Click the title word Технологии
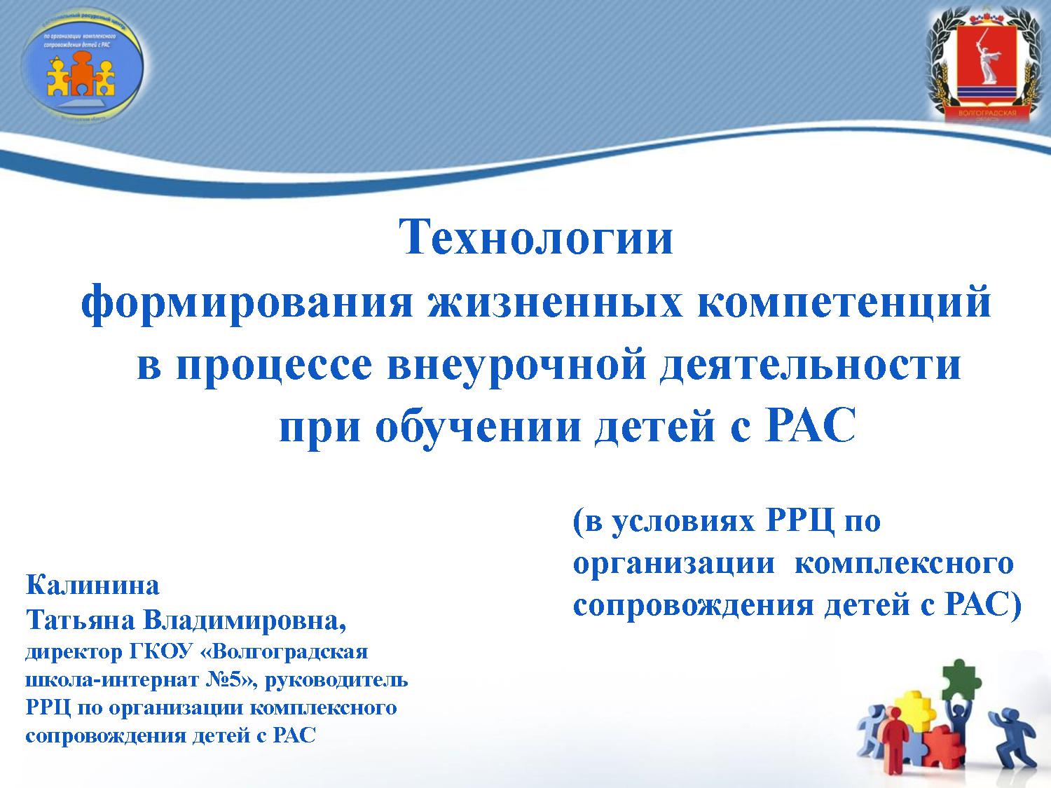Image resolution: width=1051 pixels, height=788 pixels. (x=536, y=238)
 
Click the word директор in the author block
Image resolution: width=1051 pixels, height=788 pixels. (x=74, y=652)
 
